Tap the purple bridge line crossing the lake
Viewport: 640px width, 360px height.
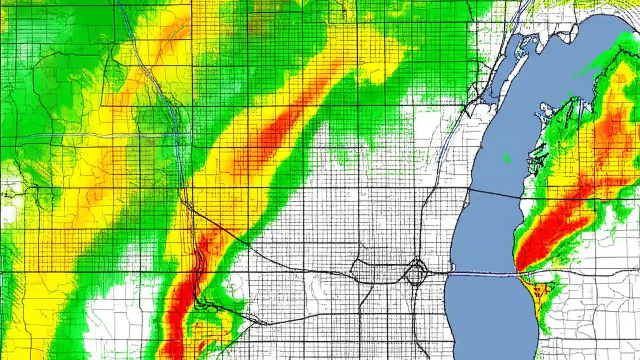click(482, 274)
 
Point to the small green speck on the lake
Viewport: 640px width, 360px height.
click(507, 159)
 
